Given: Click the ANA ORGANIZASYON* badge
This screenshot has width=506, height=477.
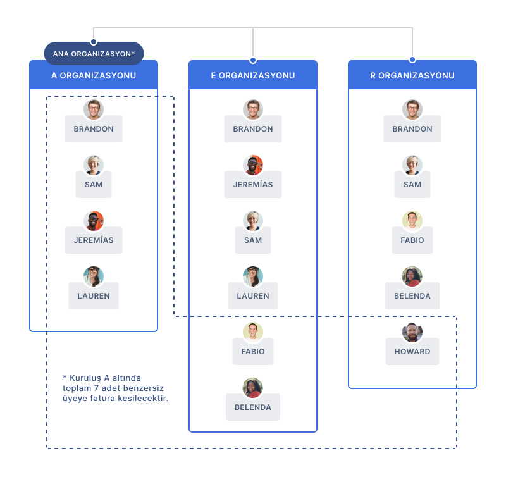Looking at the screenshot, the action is pos(94,54).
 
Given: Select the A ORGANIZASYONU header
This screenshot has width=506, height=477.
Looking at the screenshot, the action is pos(94,75).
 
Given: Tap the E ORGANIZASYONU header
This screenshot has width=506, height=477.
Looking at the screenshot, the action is pos(253,75).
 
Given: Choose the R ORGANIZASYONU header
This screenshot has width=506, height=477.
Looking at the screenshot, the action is pos(412,75).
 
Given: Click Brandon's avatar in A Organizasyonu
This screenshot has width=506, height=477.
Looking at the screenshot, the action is pos(94,109).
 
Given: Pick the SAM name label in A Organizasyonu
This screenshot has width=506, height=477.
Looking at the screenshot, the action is pos(94,185).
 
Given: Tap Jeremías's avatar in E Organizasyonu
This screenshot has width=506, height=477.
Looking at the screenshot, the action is pos(253,165).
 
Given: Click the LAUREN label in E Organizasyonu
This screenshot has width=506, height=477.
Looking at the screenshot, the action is pos(253,296).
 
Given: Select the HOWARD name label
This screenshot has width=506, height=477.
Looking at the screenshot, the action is pos(412,352).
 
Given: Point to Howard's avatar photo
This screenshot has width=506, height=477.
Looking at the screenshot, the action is pos(412,332).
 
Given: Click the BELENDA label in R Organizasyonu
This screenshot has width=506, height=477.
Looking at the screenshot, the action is pos(412,296).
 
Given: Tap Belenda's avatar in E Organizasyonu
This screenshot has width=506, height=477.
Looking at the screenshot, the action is pos(253,388).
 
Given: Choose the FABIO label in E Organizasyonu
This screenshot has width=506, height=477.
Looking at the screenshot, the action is pos(253,352).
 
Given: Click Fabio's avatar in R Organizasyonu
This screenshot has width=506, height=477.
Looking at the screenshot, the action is pos(412,221).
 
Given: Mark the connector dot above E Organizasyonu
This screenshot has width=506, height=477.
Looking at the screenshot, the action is pos(253,60).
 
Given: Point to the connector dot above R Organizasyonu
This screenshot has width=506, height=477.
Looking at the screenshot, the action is pos(412,59).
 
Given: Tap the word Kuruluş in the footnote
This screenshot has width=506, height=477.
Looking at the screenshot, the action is pos(85,378).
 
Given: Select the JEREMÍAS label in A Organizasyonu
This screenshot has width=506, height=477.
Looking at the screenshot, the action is pos(94,240).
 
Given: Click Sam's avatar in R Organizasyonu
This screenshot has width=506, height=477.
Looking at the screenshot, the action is pos(412,165).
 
